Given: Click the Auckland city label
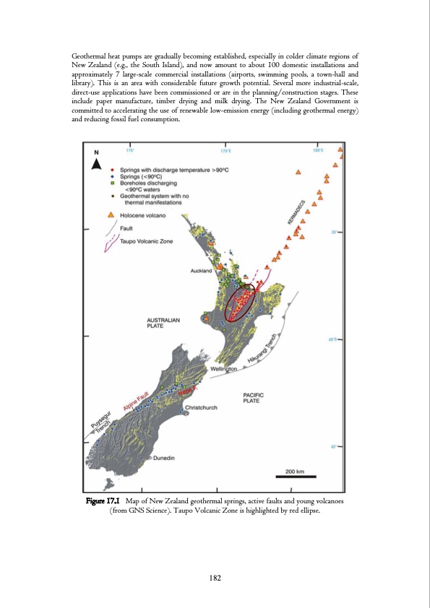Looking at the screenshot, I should (x=201, y=271).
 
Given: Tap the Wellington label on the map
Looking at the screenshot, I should (x=224, y=369).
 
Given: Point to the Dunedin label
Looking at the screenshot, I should (x=164, y=458).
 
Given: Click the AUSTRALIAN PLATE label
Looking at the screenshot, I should (x=164, y=322).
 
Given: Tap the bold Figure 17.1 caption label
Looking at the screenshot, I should (x=103, y=500).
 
